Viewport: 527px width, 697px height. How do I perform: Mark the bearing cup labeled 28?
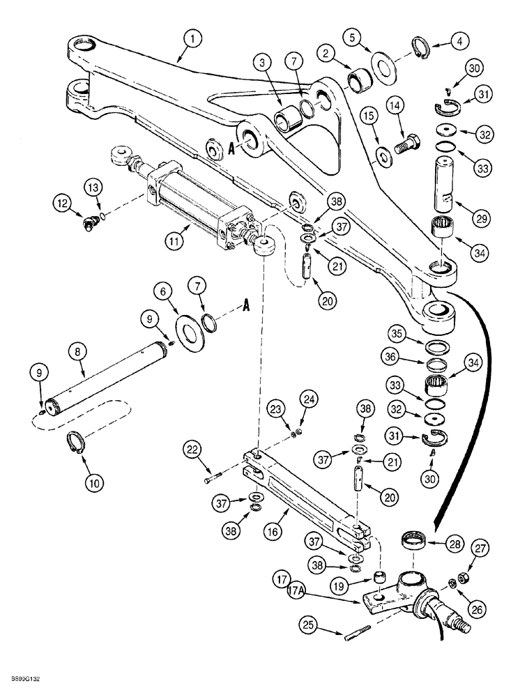point(416,542)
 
